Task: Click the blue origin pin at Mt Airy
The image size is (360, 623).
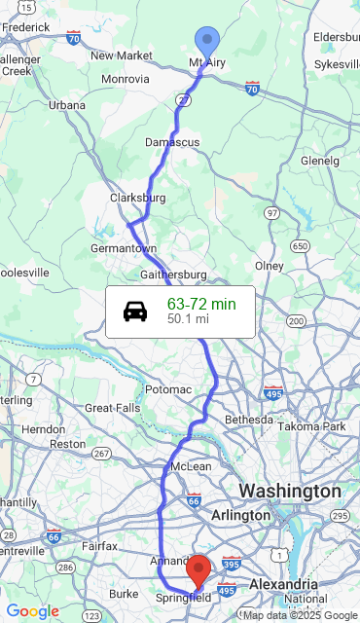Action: coord(207,42)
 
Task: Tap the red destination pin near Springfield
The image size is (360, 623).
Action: coord(198,569)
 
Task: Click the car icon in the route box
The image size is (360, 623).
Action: coord(135,311)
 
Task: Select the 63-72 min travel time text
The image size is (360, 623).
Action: coord(201,305)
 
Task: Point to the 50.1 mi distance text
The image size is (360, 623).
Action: coord(188,318)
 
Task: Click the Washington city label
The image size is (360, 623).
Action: coord(290,491)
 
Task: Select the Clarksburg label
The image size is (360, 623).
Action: coord(137,198)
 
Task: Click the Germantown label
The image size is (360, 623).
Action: coord(124,249)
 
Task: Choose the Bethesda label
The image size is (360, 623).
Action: coord(249,420)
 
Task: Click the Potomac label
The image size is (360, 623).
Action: coord(168,389)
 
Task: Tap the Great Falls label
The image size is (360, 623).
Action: coord(113,408)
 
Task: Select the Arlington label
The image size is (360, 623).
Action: coord(241,515)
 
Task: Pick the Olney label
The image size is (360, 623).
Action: coord(269,266)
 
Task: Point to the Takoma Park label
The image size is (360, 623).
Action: coord(311,426)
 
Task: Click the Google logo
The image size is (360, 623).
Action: coord(32,611)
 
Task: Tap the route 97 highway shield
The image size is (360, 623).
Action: coord(271,212)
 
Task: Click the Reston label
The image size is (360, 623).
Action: coord(67,443)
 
